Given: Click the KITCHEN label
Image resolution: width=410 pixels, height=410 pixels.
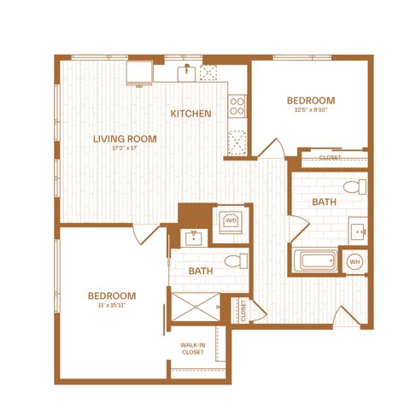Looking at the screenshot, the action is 190,114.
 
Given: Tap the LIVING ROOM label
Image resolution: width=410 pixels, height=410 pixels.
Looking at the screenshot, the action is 125,139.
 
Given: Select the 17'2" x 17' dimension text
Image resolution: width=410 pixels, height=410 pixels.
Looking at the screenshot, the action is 125,148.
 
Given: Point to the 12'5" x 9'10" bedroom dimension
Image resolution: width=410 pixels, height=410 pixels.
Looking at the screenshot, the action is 311,109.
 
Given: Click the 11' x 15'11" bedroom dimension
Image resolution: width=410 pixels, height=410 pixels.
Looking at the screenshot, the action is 112,305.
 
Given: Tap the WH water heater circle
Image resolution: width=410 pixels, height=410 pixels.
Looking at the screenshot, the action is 354,261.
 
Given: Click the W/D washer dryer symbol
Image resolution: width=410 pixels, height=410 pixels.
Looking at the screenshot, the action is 231,221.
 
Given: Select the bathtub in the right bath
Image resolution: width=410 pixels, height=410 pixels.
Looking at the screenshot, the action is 315,261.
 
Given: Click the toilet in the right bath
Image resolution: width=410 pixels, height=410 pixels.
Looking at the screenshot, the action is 354,187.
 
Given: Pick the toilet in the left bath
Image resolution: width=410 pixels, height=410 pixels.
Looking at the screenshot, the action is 236,261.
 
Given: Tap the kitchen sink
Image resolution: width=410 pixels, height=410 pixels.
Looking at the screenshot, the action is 186,73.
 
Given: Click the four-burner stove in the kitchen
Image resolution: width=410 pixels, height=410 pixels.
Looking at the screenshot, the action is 237,106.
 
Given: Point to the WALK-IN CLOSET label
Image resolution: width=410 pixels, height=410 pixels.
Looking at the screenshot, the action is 193,348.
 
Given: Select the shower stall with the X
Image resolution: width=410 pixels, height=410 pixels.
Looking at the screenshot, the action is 196,307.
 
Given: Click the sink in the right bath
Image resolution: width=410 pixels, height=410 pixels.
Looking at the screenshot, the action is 358,231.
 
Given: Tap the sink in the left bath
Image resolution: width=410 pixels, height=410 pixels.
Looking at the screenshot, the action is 194,238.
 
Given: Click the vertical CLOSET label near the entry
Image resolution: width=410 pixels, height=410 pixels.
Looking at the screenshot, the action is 243,310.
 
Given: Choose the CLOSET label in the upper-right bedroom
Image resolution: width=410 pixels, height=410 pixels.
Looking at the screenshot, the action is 330,157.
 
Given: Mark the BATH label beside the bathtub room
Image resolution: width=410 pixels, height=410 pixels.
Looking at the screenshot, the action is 325,202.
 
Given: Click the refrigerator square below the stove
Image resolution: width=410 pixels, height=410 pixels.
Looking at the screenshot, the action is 237,143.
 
